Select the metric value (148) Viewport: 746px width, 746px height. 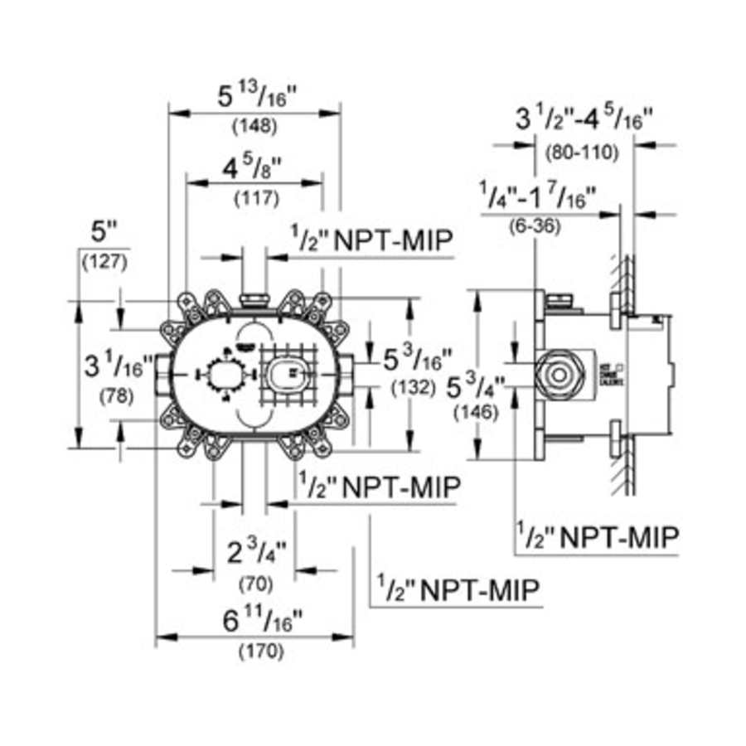(254, 127)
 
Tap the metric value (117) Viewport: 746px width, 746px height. (254, 199)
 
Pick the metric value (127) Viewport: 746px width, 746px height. (104, 264)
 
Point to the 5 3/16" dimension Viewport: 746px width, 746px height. (417, 361)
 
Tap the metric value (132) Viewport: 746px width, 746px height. (414, 387)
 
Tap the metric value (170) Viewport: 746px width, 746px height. (254, 652)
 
